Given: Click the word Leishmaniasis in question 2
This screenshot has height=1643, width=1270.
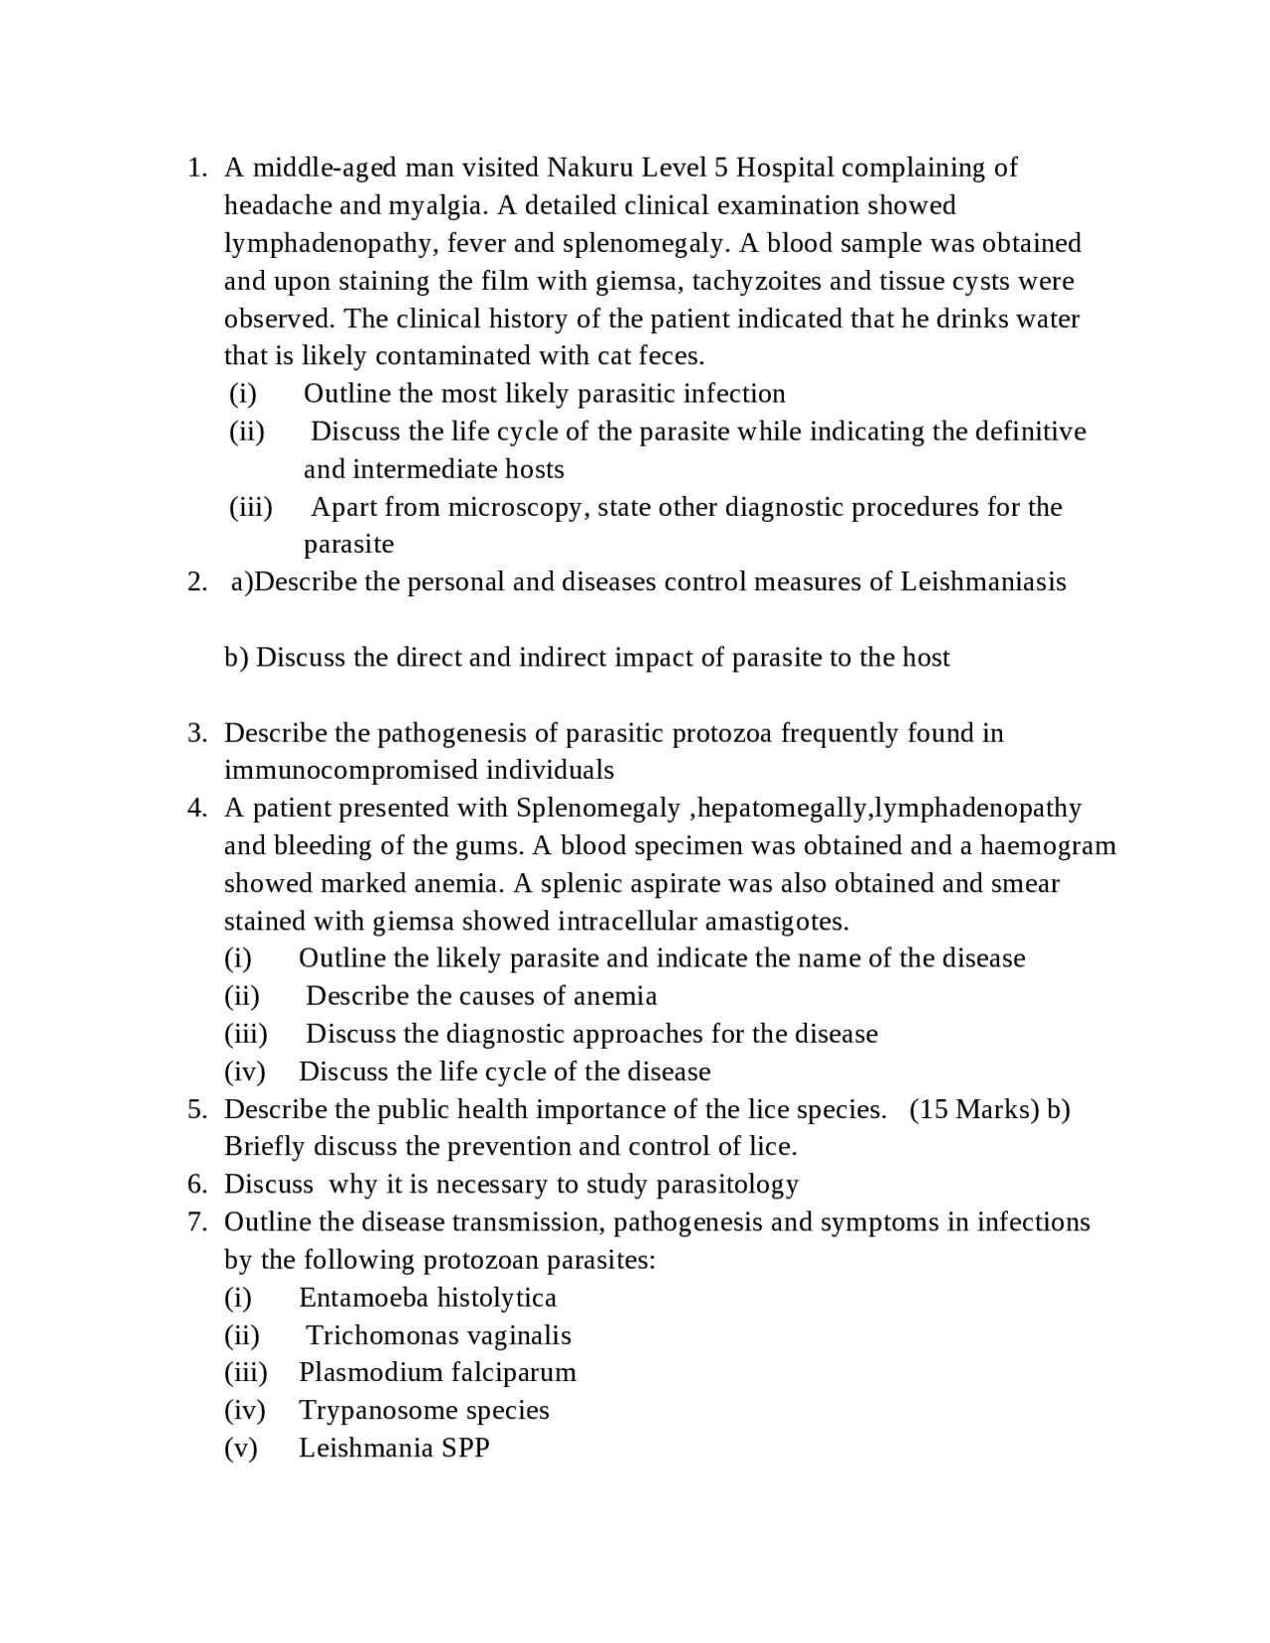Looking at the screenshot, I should point(982,581).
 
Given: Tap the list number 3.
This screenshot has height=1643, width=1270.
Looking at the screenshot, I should point(196,733).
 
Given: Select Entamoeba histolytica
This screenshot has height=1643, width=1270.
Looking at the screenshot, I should point(428,1298).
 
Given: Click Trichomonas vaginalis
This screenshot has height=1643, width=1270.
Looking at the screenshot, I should point(438,1335).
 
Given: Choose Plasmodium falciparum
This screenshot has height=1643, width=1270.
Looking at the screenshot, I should point(437,1373).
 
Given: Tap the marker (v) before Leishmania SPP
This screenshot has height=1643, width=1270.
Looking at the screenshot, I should point(240,1449).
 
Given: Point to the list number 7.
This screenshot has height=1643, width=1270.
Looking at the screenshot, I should point(196,1222).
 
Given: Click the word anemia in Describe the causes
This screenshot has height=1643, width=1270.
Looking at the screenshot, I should point(615,996).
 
